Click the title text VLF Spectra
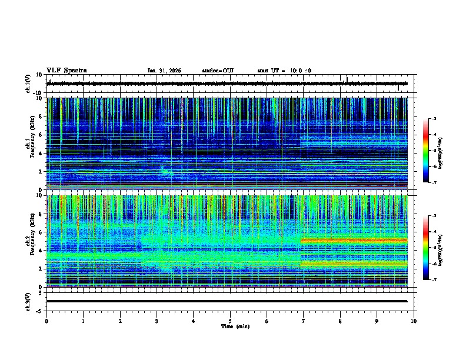[66, 71]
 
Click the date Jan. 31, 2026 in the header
[164, 71]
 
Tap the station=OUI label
[218, 71]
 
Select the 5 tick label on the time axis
[230, 321]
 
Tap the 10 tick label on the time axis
[414, 321]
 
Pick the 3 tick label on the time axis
[157, 321]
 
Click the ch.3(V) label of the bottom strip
[28, 301]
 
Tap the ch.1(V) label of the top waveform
[28, 84]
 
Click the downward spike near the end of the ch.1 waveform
[398, 88]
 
